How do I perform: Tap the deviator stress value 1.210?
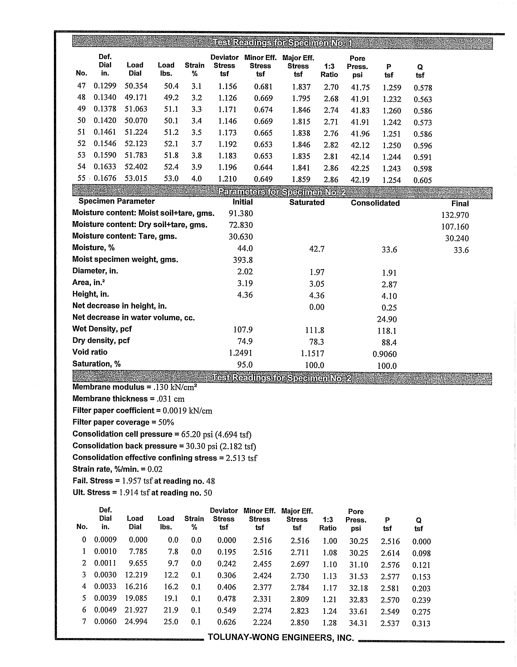pyautogui.click(x=227, y=179)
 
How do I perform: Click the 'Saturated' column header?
pyautogui.click(x=307, y=203)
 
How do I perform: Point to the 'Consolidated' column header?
pyautogui.click(x=375, y=203)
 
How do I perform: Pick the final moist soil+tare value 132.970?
pyautogui.click(x=455, y=215)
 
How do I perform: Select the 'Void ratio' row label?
pyautogui.click(x=90, y=352)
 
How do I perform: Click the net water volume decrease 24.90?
pyautogui.click(x=387, y=319)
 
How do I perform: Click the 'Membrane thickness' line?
pyautogui.click(x=128, y=399)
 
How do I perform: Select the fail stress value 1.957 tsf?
pyautogui.click(x=137, y=481)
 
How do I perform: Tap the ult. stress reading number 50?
pyautogui.click(x=208, y=493)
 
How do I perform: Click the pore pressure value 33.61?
pyautogui.click(x=358, y=611)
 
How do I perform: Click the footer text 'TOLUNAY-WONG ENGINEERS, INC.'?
pyautogui.click(x=281, y=638)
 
